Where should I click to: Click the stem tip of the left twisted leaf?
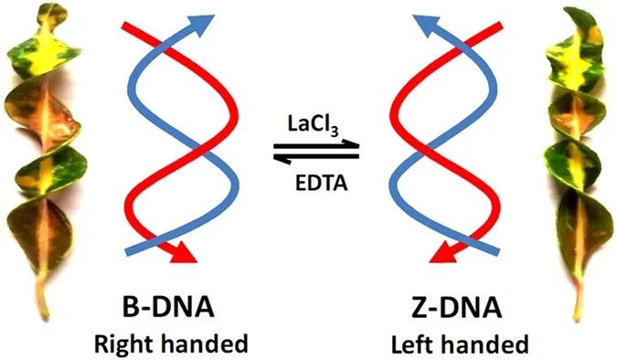[42, 315]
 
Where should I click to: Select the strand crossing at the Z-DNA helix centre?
[428, 145]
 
